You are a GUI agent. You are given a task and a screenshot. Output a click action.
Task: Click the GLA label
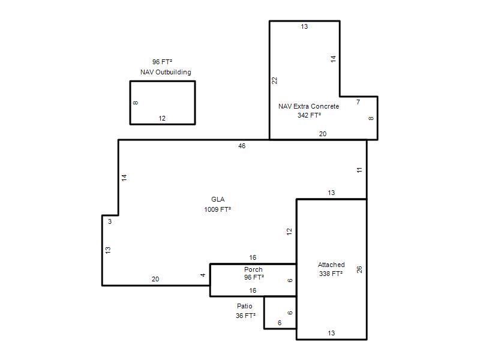pyautogui.click(x=218, y=199)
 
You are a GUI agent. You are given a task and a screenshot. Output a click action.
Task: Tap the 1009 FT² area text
pyautogui.click(x=218, y=209)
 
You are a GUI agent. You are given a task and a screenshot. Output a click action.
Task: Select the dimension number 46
pyautogui.click(x=242, y=146)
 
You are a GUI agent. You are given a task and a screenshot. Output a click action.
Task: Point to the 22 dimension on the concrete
pyautogui.click(x=275, y=80)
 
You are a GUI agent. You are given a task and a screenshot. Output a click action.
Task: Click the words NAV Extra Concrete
pyautogui.click(x=308, y=106)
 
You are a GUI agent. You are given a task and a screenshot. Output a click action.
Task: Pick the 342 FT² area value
pyautogui.click(x=309, y=115)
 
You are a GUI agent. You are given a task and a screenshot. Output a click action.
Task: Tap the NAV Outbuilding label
pyautogui.click(x=166, y=72)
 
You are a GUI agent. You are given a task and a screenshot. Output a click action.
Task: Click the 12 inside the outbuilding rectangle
pyautogui.click(x=162, y=118)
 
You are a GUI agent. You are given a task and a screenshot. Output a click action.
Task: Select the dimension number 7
pyautogui.click(x=358, y=102)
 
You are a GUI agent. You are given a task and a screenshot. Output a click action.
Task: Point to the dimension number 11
pyautogui.click(x=359, y=170)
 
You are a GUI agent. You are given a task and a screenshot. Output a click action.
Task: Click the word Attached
pyautogui.click(x=331, y=265)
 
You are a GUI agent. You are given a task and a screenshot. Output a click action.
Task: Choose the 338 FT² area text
pyautogui.click(x=331, y=274)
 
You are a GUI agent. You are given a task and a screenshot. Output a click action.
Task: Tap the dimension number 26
pyautogui.click(x=359, y=269)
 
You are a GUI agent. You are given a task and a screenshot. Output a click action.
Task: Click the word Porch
pyautogui.click(x=253, y=269)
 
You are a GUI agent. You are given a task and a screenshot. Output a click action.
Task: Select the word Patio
pyautogui.click(x=245, y=306)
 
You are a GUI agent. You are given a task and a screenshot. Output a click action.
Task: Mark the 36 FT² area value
pyautogui.click(x=245, y=316)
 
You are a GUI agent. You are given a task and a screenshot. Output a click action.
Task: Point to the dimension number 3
pyautogui.click(x=110, y=221)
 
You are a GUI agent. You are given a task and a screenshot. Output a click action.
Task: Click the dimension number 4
pyautogui.click(x=203, y=275)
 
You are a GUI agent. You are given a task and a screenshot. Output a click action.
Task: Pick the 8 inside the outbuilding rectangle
pyautogui.click(x=136, y=103)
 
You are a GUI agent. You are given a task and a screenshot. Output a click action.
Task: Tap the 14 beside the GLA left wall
pyautogui.click(x=124, y=178)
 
